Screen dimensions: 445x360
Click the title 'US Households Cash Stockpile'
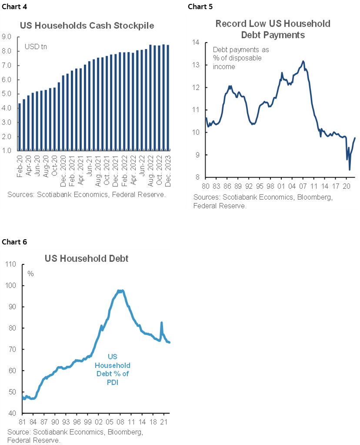click(x=87, y=26)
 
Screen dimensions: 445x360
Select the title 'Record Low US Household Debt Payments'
click(x=273, y=29)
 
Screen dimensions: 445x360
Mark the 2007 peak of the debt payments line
click(x=303, y=61)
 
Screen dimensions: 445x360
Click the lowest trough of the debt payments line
click(x=350, y=169)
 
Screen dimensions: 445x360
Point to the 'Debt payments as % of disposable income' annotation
click(x=237, y=58)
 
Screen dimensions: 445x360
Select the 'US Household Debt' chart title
click(x=87, y=258)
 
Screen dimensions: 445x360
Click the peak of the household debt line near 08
click(x=120, y=291)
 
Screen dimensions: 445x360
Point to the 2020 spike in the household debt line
click(x=161, y=323)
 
